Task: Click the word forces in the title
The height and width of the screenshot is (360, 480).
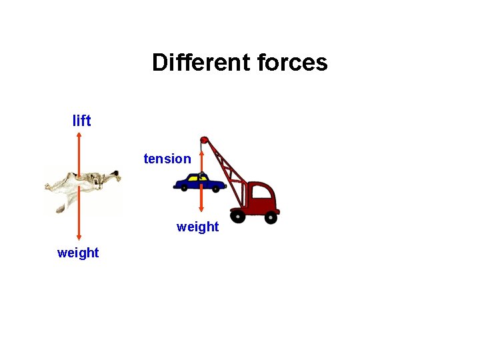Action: (x=291, y=63)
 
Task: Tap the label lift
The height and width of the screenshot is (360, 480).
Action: (x=81, y=121)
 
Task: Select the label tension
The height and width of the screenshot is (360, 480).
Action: (x=167, y=159)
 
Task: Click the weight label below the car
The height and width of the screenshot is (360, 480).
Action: (x=197, y=227)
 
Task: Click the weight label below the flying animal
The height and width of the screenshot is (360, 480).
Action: (x=78, y=253)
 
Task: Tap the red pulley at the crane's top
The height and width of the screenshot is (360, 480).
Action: (x=205, y=140)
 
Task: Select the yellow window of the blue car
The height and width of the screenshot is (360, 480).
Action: (x=194, y=179)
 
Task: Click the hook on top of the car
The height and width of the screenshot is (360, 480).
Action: (x=201, y=175)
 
